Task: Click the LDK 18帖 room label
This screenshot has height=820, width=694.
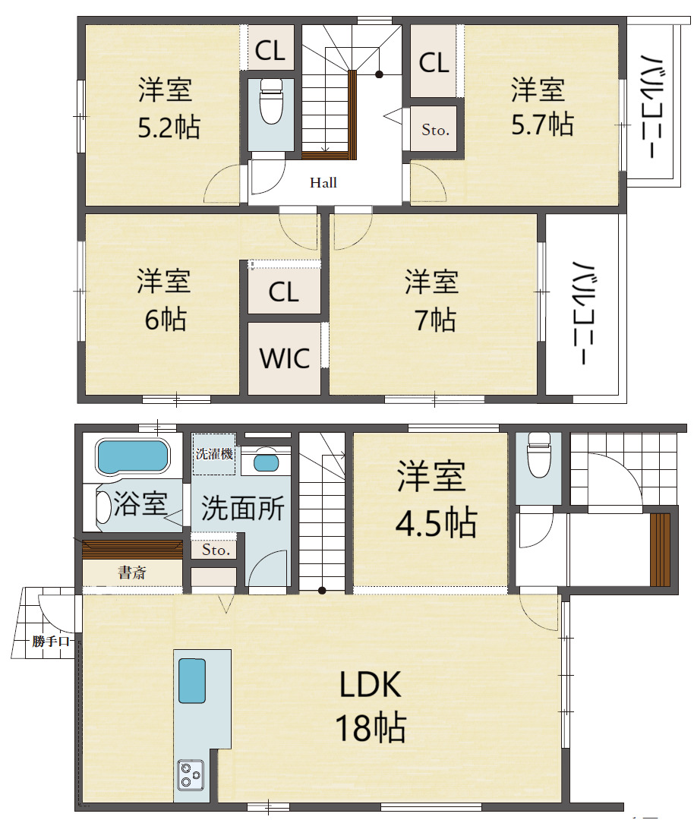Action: coord(371,706)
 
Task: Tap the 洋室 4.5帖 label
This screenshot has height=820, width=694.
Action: coord(436,500)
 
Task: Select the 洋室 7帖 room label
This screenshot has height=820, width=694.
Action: coord(432,301)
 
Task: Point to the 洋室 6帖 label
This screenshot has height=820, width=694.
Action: coord(164,300)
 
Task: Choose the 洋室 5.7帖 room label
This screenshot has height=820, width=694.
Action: coord(542,107)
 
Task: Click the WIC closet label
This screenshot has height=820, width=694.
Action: coord(285,358)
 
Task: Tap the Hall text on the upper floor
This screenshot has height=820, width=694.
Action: coord(323,182)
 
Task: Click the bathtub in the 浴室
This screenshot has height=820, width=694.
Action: coord(133,456)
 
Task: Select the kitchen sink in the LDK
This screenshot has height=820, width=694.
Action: coord(192,681)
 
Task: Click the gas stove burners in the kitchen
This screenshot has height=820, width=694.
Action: coord(191,774)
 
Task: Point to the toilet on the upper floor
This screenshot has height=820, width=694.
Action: coord(271,102)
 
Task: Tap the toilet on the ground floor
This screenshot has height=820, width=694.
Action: coord(538,455)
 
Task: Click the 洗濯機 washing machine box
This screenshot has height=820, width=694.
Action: coord(214,453)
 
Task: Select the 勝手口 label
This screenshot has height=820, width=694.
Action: coord(50,641)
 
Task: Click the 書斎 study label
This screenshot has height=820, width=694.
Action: coord(132,572)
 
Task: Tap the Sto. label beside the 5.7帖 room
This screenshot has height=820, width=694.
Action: coord(435,130)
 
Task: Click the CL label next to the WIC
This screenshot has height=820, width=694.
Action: coord(284,292)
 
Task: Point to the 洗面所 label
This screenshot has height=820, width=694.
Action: coord(243,508)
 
